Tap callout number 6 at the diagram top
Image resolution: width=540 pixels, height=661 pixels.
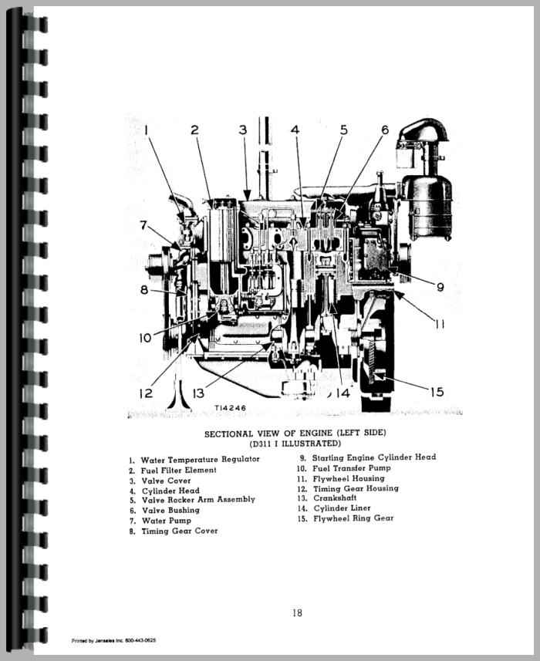click(x=383, y=130)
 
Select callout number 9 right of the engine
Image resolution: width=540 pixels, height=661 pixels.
click(x=439, y=287)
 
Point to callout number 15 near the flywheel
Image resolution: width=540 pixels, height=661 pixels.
click(x=436, y=392)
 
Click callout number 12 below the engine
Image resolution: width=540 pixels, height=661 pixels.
click(x=147, y=393)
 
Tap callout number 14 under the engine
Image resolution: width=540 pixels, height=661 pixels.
click(x=343, y=393)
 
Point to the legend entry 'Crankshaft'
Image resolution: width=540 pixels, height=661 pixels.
click(x=336, y=498)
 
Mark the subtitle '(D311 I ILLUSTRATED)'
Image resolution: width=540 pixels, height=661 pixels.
click(x=294, y=444)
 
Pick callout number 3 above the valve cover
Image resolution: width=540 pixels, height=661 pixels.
click(x=242, y=130)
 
